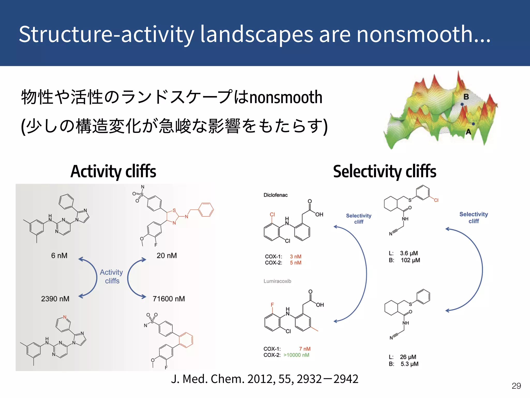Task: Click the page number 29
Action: click(x=516, y=386)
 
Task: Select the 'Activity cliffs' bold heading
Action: click(x=113, y=172)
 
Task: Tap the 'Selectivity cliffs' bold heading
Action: click(x=385, y=172)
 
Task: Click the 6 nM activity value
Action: click(x=59, y=255)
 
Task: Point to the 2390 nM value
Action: click(x=55, y=299)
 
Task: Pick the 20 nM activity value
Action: click(x=167, y=255)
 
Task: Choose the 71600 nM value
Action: click(x=169, y=299)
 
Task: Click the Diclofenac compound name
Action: click(x=275, y=195)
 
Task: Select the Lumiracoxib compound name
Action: click(x=277, y=281)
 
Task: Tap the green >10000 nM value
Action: click(x=296, y=355)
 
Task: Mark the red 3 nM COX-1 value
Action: click(x=296, y=257)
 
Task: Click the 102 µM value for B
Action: click(x=410, y=260)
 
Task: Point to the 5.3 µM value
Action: click(x=409, y=364)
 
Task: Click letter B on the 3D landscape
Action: click(x=466, y=97)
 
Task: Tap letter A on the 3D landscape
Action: click(x=468, y=132)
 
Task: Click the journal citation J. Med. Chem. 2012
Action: click(x=264, y=379)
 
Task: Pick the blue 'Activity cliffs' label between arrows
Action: click(x=112, y=276)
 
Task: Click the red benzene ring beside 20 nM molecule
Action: click(x=206, y=209)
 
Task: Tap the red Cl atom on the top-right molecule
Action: click(x=436, y=200)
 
